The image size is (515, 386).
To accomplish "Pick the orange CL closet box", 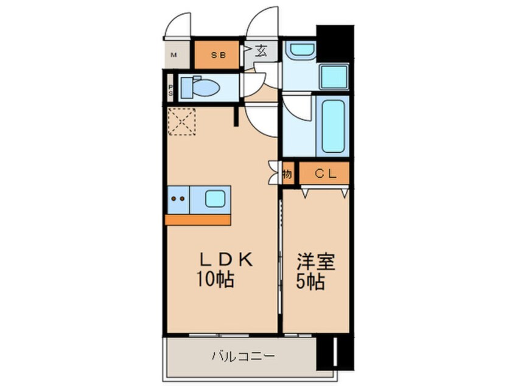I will [x=324, y=174].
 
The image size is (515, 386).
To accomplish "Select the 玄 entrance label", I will [x=261, y=51].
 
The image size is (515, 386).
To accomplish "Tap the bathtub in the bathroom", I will [x=332, y=126].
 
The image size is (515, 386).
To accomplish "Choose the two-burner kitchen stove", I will [x=178, y=198].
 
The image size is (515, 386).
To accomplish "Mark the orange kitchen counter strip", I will [x=198, y=219].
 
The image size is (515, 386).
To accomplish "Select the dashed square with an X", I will [x=181, y=121].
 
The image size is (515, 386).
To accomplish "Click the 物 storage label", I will [x=287, y=174].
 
